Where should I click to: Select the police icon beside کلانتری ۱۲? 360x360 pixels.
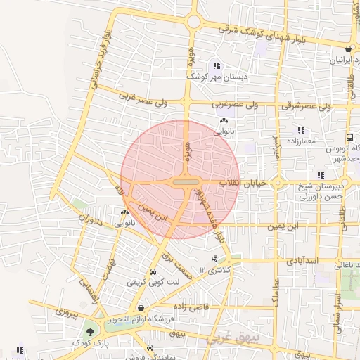coord(214,259)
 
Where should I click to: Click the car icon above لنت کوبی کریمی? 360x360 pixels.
coord(153,272)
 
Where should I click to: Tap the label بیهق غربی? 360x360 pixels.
coord(233,339)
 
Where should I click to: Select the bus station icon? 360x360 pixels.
coord(350,138)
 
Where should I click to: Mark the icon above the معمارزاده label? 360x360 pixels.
coord(301,130)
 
